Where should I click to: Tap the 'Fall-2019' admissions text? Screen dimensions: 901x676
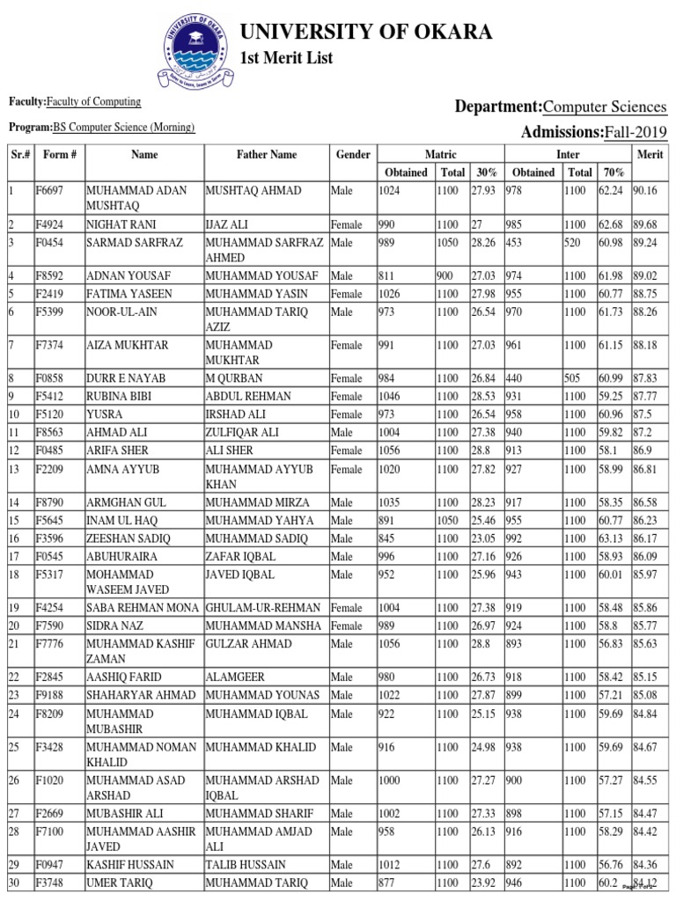pyautogui.click(x=635, y=132)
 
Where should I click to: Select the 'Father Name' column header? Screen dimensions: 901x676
pyautogui.click(x=266, y=154)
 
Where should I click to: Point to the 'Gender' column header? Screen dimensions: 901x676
pyautogui.click(x=352, y=154)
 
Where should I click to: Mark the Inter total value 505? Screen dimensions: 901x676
pyautogui.click(x=573, y=378)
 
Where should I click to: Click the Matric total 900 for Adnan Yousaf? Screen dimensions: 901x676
pyautogui.click(x=445, y=275)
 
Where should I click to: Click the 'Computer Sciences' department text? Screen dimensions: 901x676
pyautogui.click(x=605, y=106)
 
